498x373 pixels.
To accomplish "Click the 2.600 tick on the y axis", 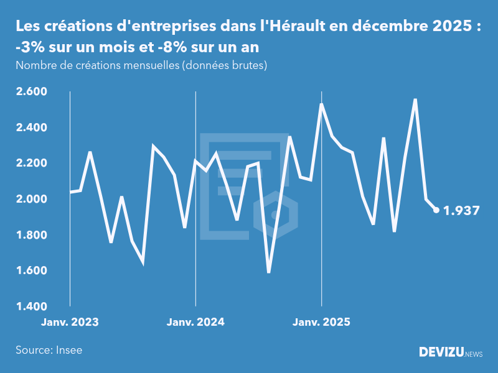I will click(31, 92).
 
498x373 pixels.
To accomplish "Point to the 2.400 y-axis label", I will click(31, 127).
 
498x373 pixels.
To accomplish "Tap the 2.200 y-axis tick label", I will click(31, 163).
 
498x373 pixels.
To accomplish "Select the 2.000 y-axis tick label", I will click(31, 199).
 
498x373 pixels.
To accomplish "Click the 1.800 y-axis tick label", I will click(31, 235).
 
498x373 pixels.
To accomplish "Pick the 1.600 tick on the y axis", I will click(31, 271).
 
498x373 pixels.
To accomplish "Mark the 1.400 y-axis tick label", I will click(31, 306).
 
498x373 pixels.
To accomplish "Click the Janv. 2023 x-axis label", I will click(70, 323).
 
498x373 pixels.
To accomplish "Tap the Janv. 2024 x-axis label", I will click(195, 323).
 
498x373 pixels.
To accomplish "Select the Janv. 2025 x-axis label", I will click(321, 323).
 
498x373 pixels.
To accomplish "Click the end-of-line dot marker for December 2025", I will click(436, 210).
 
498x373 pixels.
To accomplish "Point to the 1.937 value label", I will click(461, 211).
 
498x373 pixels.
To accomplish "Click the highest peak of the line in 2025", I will click(415, 99).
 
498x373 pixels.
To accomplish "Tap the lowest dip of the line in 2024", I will click(269, 272).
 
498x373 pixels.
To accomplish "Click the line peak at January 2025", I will click(321, 104).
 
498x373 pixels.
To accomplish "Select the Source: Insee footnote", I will click(49, 350).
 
